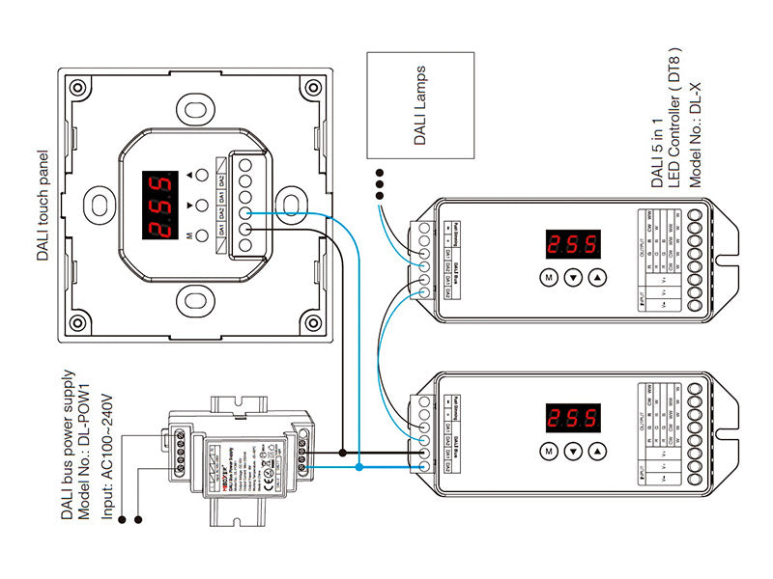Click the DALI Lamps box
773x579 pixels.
[421, 106]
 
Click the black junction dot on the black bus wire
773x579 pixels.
[342, 452]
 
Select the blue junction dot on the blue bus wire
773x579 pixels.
[358, 467]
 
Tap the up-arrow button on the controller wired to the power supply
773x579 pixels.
[599, 452]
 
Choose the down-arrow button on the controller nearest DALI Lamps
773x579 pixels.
[573, 278]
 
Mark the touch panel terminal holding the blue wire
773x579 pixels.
[246, 214]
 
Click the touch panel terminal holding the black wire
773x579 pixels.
[246, 230]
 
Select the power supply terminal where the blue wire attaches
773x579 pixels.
[305, 468]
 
